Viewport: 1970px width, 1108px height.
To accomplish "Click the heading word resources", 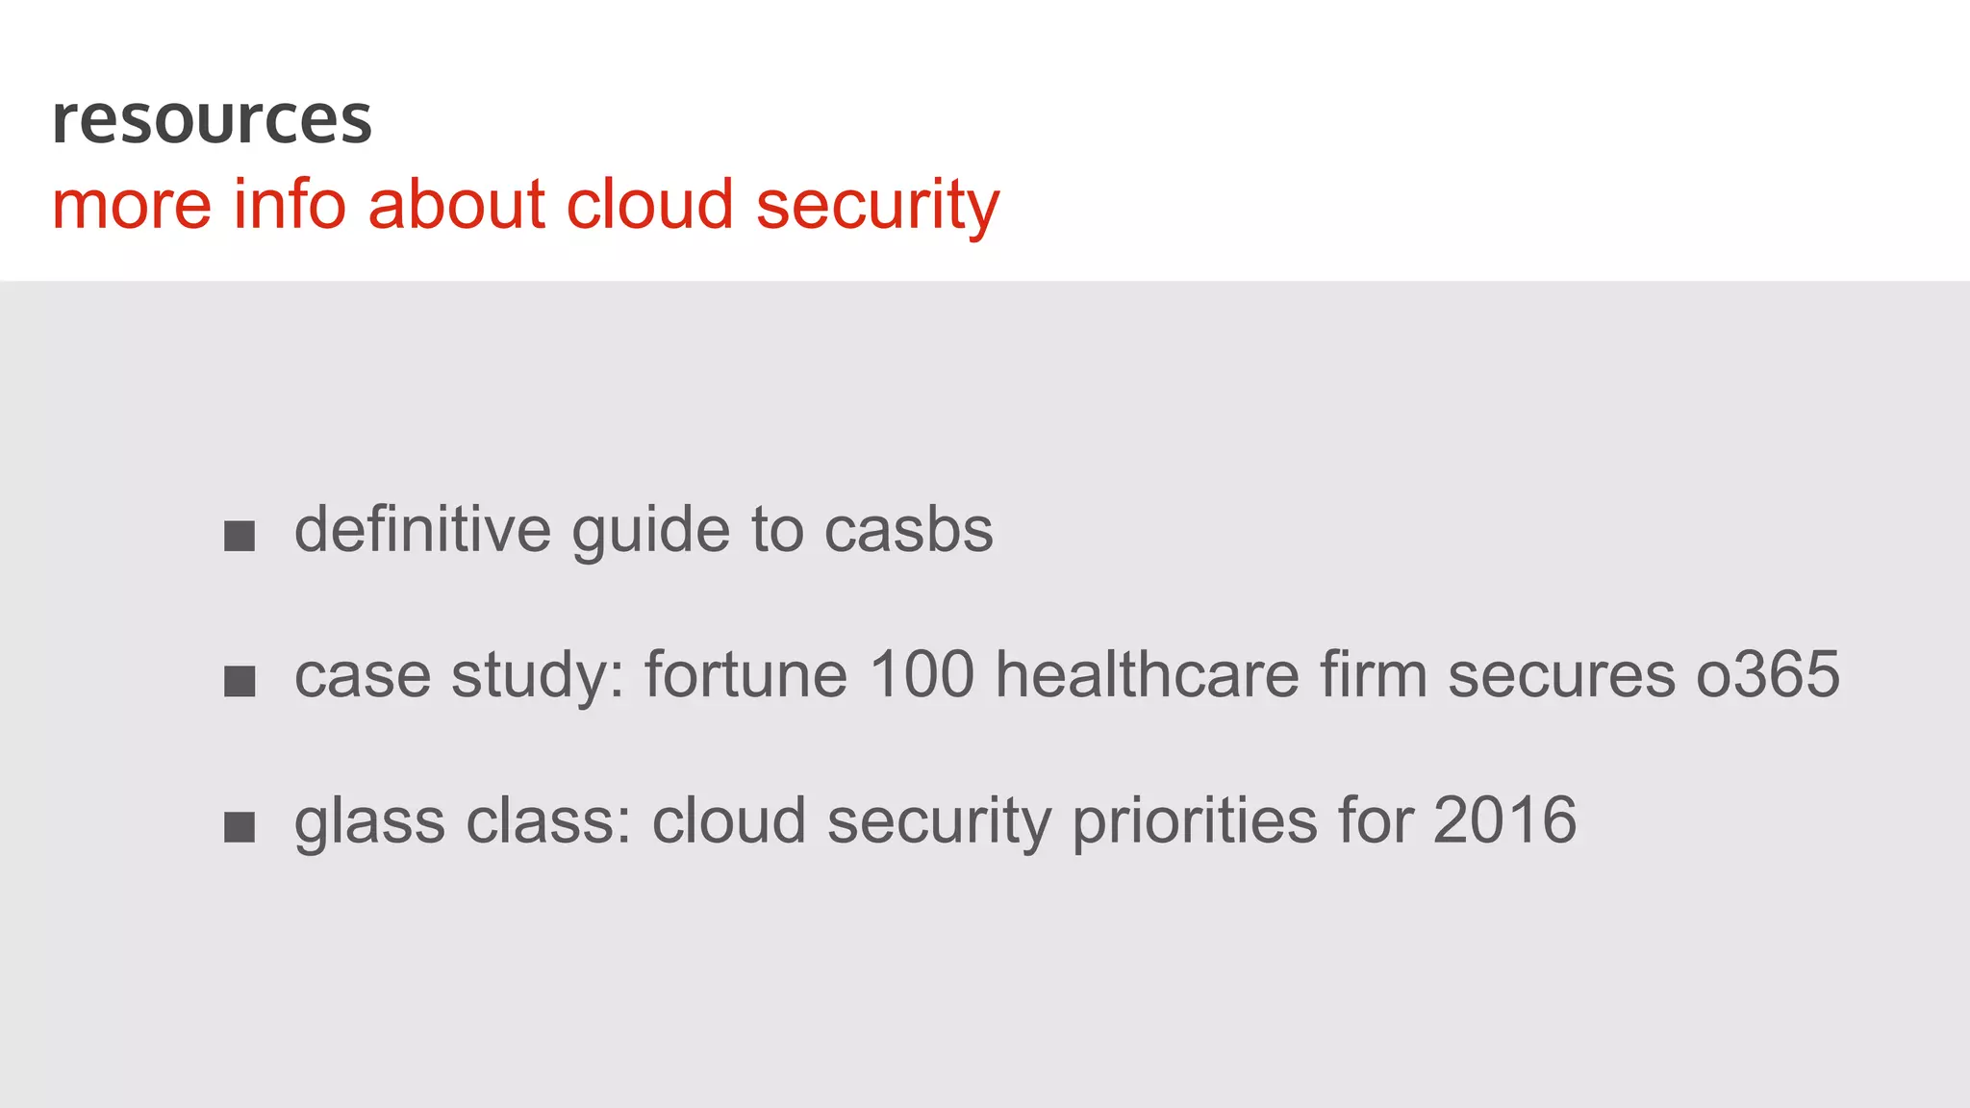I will pyautogui.click(x=212, y=120).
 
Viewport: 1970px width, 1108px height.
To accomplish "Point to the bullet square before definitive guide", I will pyautogui.click(x=240, y=536).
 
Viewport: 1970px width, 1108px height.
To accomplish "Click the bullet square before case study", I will pyautogui.click(x=240, y=681).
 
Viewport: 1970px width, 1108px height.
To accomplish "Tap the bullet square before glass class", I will pyautogui.click(x=240, y=826).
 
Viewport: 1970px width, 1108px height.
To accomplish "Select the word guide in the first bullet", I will pyautogui.click(x=651, y=532).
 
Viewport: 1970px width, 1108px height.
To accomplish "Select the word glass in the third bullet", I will pyautogui.click(x=369, y=822).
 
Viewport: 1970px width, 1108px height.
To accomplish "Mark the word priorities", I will pyautogui.click(x=1194, y=822).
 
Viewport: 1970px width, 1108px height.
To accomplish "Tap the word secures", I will pyautogui.click(x=1561, y=676).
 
